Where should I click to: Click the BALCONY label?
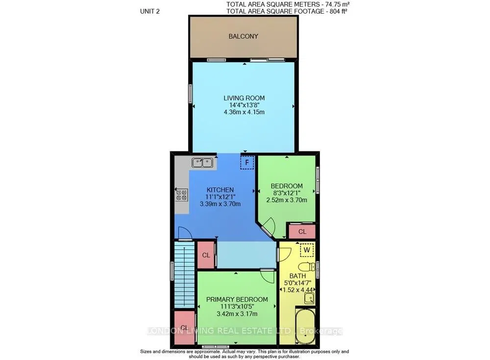[243, 36]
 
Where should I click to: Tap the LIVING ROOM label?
[244, 98]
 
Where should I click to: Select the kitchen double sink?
[202, 163]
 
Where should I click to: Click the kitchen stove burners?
[182, 194]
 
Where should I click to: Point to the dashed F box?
[247, 163]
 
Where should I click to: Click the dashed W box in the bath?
[307, 250]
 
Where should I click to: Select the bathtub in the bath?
[305, 327]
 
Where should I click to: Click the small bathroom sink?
[309, 298]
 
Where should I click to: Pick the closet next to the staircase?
[206, 255]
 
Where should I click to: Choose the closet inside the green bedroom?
[302, 232]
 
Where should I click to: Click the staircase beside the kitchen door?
[184, 274]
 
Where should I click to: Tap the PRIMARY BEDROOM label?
[237, 299]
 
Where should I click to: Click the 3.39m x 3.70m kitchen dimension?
[220, 204]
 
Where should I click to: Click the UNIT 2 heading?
[150, 12]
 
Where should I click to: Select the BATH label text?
[297, 276]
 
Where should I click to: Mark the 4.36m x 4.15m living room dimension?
[244, 112]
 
